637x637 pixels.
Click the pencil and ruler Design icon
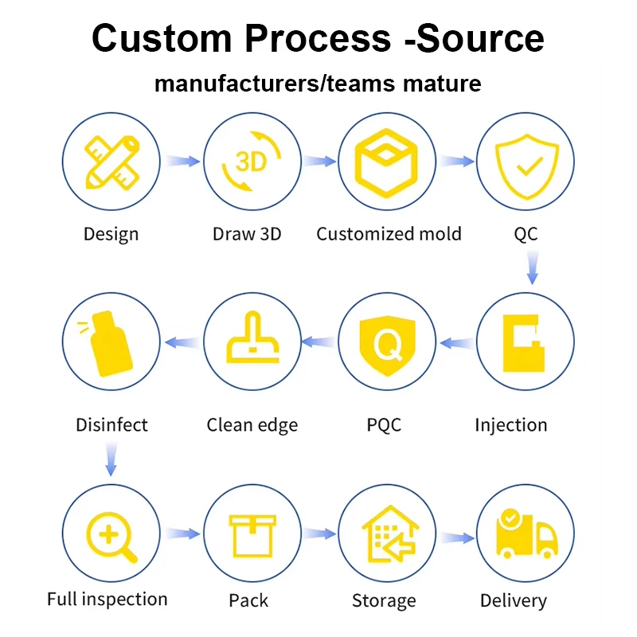111,162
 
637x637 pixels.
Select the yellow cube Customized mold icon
387,162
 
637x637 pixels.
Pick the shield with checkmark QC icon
525,162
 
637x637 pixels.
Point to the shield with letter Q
387,343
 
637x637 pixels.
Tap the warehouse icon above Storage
387,533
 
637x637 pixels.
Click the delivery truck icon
525,533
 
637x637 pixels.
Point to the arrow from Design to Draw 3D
182,162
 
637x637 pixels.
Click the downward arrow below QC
532,268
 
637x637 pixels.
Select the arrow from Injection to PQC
456,343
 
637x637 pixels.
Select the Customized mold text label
389,234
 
